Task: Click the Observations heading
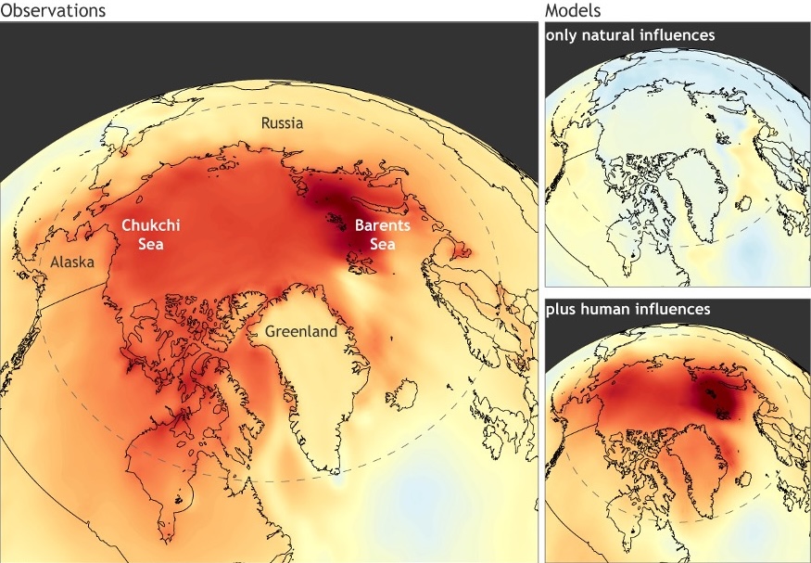(x=53, y=11)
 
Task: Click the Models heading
(x=572, y=11)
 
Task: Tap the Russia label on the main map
(x=282, y=123)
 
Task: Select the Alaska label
(x=72, y=262)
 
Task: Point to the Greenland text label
(x=301, y=331)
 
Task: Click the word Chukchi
(x=150, y=225)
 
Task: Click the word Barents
(x=383, y=225)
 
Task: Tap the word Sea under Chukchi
(x=150, y=245)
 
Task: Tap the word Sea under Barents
(x=383, y=245)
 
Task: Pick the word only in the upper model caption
(x=563, y=35)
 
